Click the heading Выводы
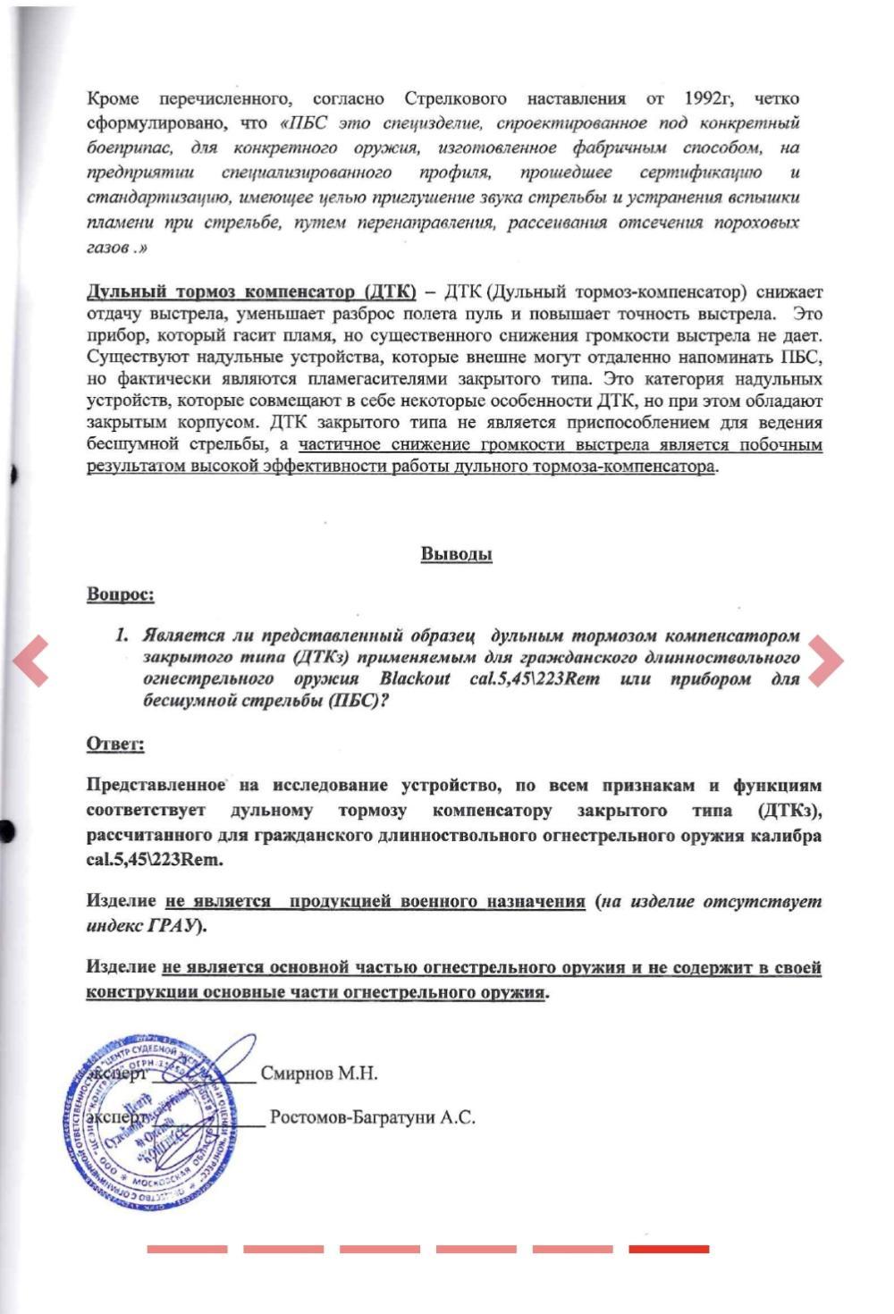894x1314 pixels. (x=456, y=554)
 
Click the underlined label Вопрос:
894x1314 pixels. (x=120, y=594)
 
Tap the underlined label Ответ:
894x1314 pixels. (x=115, y=744)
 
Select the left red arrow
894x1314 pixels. (x=30, y=660)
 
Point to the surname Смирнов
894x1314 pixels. (x=294, y=1074)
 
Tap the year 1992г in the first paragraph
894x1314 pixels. (x=709, y=98)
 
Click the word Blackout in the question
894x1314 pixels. (x=415, y=678)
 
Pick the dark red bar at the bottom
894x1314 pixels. (x=669, y=1249)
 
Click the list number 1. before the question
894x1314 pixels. (x=122, y=636)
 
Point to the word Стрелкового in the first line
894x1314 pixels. (x=455, y=98)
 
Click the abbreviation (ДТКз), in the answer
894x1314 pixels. (x=789, y=811)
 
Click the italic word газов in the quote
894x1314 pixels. (x=106, y=248)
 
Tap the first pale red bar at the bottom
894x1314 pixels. (x=187, y=1249)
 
